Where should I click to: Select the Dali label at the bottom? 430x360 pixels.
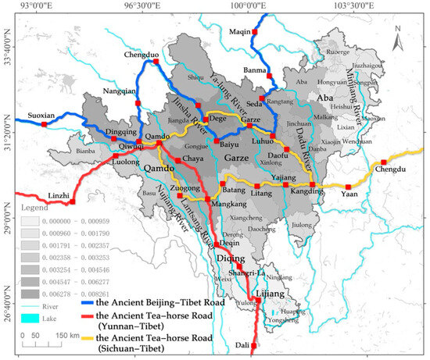(242, 344)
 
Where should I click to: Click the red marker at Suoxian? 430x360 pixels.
(45, 123)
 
